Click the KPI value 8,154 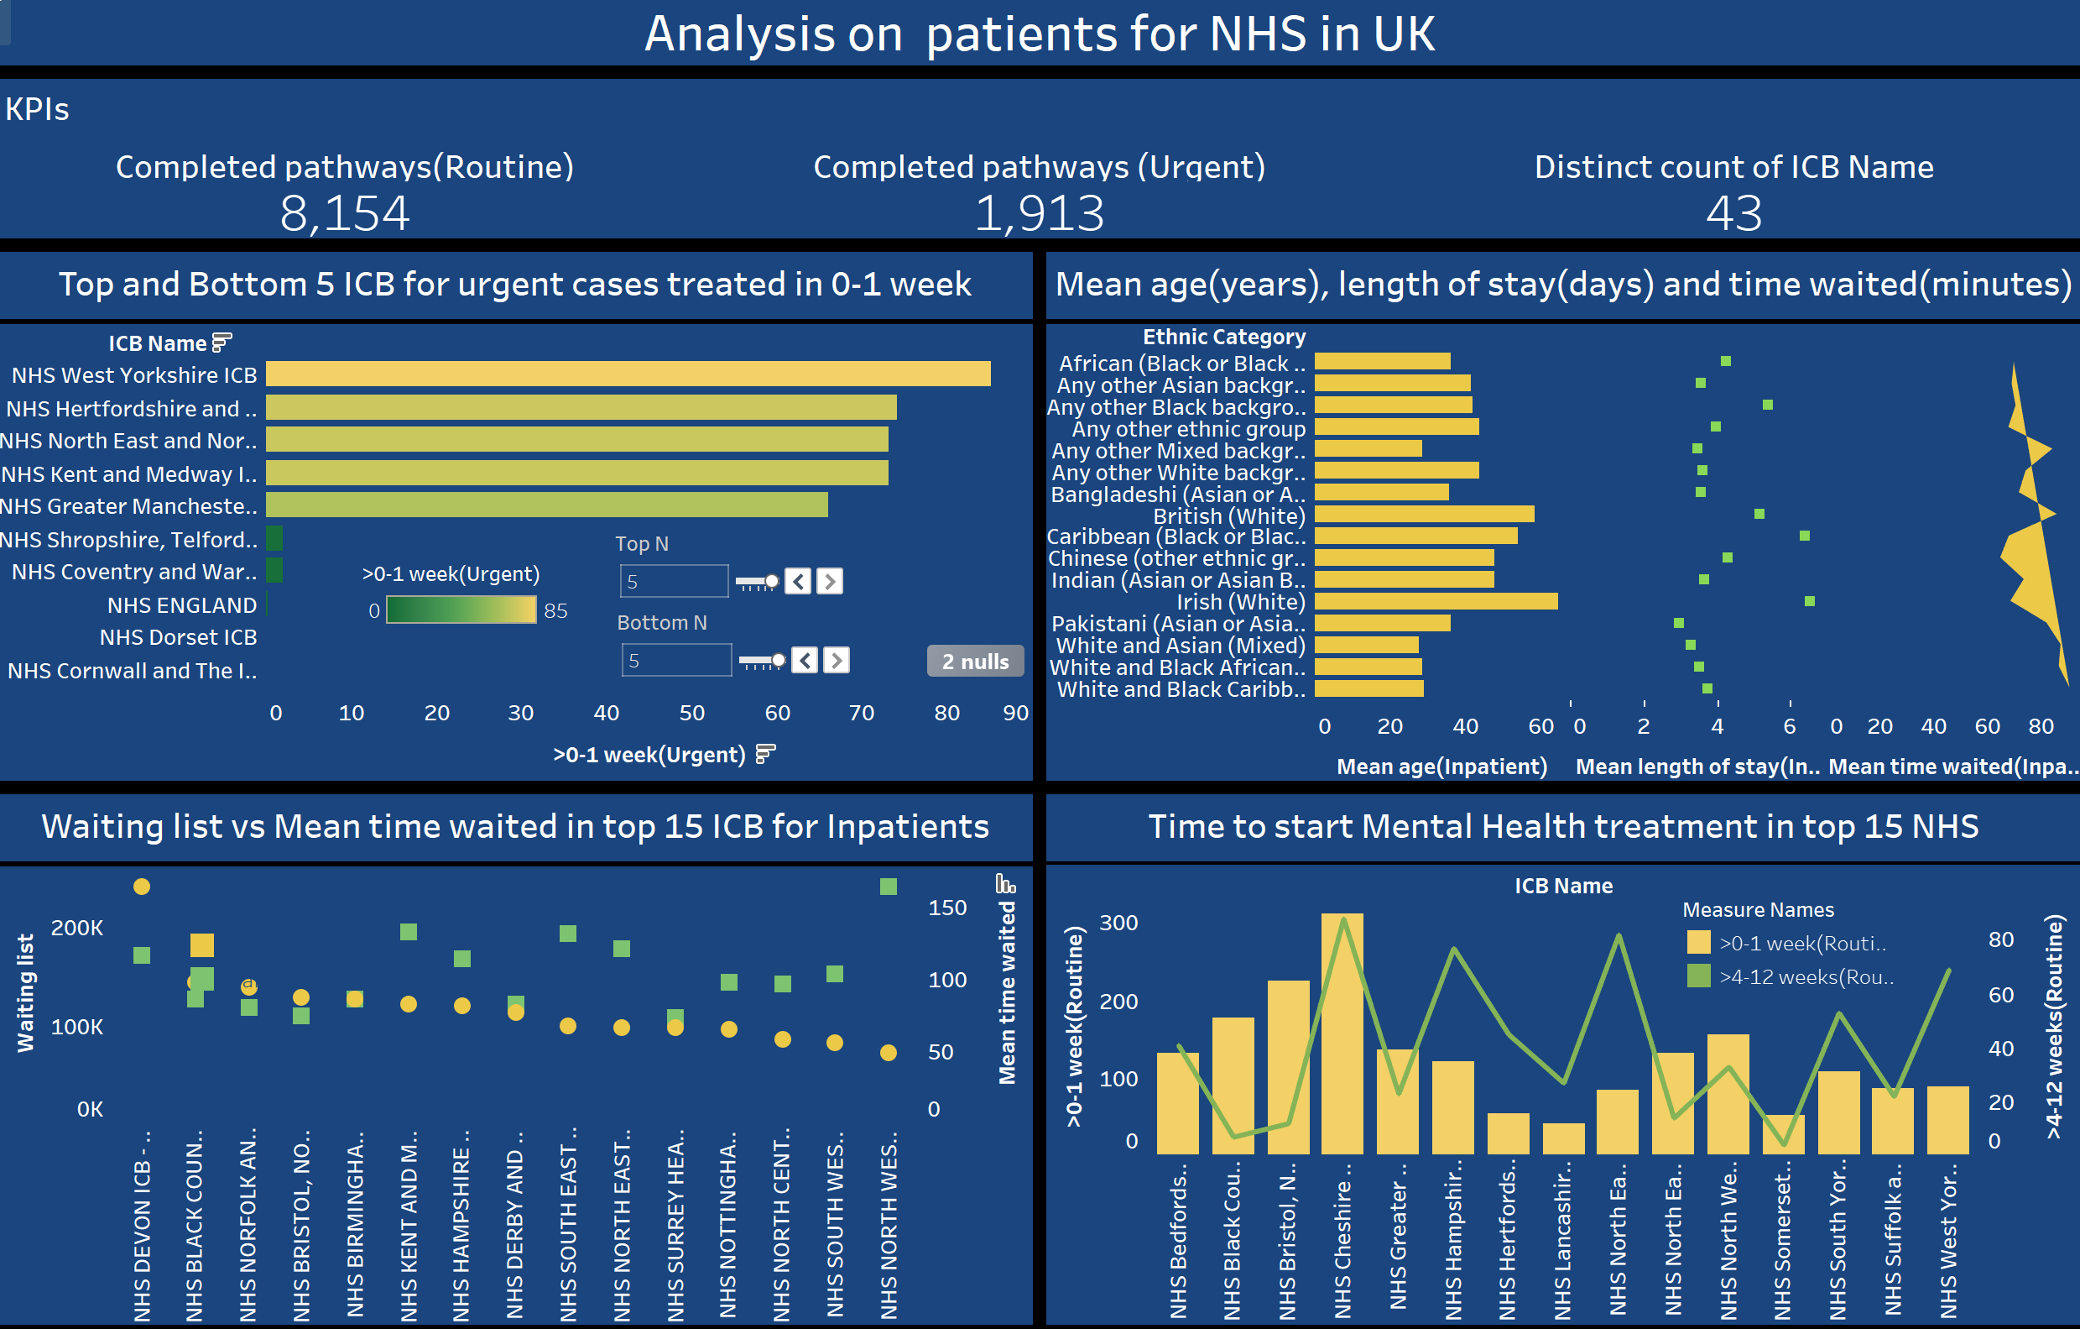344,213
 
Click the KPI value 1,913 1039,213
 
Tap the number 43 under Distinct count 1733,213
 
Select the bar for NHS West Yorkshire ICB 628,374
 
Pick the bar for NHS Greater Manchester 547,505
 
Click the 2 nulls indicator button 975,661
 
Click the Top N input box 673,582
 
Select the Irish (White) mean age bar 1436,601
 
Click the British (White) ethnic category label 1229,515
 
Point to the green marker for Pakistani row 1678,623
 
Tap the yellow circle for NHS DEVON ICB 142,887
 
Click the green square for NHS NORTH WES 888,887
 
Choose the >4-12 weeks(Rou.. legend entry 1806,977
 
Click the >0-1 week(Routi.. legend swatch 1698,943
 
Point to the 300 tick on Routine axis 1118,923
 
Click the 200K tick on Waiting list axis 77,928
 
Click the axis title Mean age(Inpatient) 1441,767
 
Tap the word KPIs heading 37,110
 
